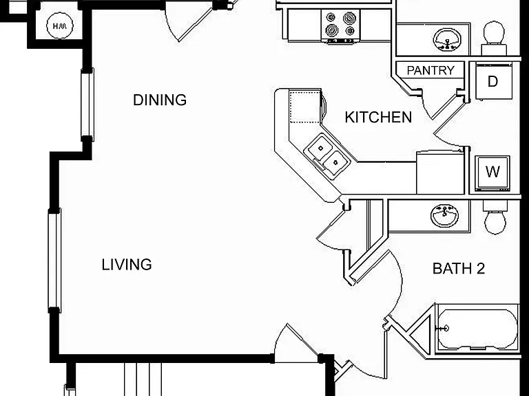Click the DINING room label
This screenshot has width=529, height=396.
[x=160, y=100]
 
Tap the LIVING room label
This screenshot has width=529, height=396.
[x=127, y=265]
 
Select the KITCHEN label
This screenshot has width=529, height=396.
[x=378, y=117]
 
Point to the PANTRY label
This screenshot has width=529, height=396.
[x=431, y=70]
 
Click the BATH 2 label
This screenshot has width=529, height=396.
[x=459, y=268]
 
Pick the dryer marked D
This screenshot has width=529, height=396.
[x=494, y=81]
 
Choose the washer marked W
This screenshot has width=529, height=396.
[x=492, y=173]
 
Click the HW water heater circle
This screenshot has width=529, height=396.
[x=60, y=25]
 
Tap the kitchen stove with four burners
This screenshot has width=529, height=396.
[x=341, y=26]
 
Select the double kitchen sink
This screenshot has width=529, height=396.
[x=327, y=156]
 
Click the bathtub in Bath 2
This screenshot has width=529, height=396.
[x=477, y=329]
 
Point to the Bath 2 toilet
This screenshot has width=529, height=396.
[x=495, y=217]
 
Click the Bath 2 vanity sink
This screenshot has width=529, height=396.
[x=445, y=215]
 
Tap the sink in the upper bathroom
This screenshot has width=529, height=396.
[x=447, y=39]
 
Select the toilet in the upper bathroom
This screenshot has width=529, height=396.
[x=494, y=38]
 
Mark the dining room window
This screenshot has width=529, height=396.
[x=87, y=104]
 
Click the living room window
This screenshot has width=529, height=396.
[x=54, y=261]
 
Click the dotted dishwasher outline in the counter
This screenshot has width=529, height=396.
[x=304, y=107]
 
